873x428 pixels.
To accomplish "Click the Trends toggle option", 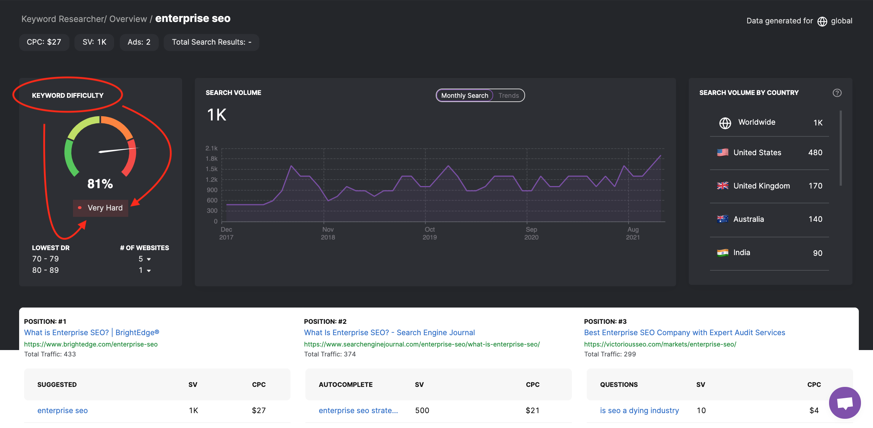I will pyautogui.click(x=508, y=95).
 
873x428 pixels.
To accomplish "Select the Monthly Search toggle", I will pyautogui.click(x=464, y=95).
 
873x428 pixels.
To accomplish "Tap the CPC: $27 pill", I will pyautogui.click(x=44, y=42).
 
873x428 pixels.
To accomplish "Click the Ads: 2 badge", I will pyautogui.click(x=139, y=42).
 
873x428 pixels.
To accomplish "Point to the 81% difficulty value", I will pyautogui.click(x=100, y=184).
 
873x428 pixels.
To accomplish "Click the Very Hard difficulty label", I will pyautogui.click(x=105, y=208).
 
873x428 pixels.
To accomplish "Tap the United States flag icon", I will pyautogui.click(x=722, y=153).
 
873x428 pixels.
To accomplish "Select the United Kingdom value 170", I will pyautogui.click(x=815, y=186).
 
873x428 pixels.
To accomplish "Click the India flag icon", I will pyautogui.click(x=722, y=253).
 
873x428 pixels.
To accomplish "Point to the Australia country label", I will pyautogui.click(x=748, y=219).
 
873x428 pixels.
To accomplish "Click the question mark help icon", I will pyautogui.click(x=837, y=93).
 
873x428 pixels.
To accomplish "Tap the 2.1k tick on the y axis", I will pyautogui.click(x=212, y=148).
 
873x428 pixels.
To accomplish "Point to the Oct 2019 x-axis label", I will pyautogui.click(x=429, y=233).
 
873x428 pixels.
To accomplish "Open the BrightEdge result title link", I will pyautogui.click(x=91, y=333).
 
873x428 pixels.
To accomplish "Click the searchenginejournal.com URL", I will pyautogui.click(x=422, y=344).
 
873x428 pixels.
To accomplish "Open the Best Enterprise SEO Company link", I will pyautogui.click(x=685, y=333).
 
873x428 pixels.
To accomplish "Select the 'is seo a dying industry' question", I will pyautogui.click(x=639, y=411).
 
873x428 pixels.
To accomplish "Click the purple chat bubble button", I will pyautogui.click(x=845, y=403).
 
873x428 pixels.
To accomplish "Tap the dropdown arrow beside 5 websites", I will pyautogui.click(x=149, y=259).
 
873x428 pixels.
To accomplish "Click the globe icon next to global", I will pyautogui.click(x=822, y=22).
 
